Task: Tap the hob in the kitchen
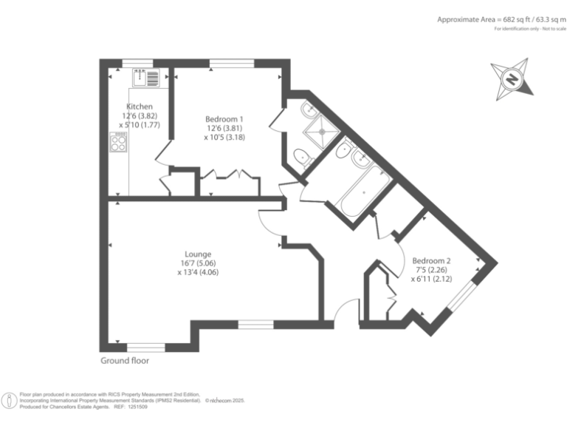tap(118, 141)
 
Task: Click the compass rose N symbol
tap(509, 78)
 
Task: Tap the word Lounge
tap(198, 254)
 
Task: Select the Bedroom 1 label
tap(224, 118)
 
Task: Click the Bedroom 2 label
tap(431, 260)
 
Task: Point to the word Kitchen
tap(140, 106)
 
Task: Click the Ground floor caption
tap(125, 361)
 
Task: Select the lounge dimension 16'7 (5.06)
tap(198, 263)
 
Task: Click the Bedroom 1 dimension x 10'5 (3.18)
tap(224, 137)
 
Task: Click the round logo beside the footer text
tap(10, 400)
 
